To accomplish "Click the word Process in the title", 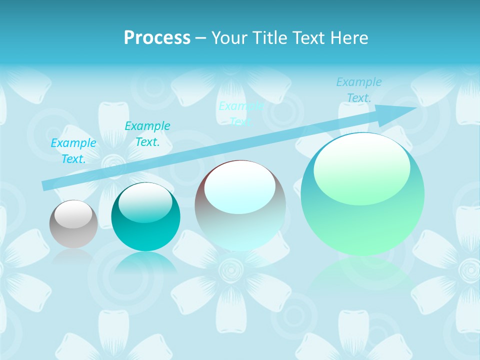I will [157, 38].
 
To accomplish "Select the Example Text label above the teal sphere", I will [147, 134].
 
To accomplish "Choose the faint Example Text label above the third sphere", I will [241, 114].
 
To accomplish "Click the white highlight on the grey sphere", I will [73, 214].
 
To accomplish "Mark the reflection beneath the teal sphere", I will [145, 262].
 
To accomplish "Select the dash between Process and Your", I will [200, 38].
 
